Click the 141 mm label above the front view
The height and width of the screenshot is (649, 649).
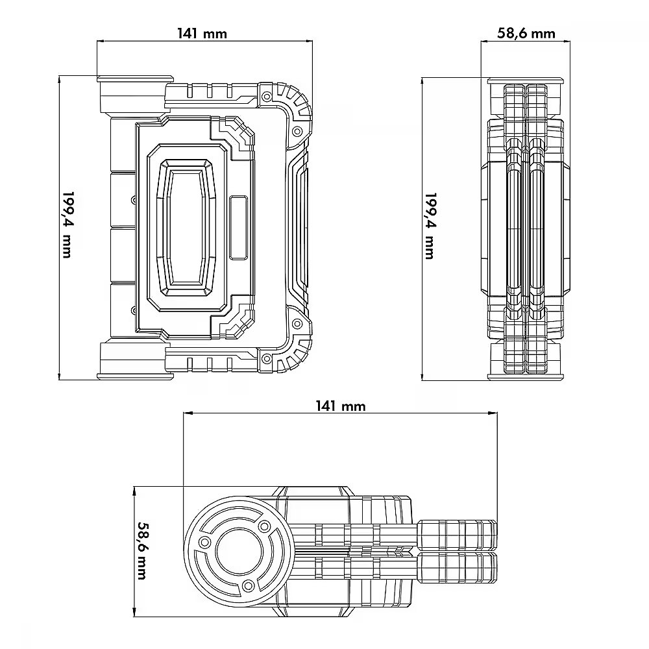tap(202, 33)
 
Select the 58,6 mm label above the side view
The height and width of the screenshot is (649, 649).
tap(526, 33)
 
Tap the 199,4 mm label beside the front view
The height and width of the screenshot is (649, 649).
tap(67, 225)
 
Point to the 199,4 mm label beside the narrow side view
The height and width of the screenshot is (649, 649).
tap(431, 226)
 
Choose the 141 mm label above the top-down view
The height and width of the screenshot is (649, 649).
tap(341, 406)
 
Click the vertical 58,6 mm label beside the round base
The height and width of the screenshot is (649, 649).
tap(143, 551)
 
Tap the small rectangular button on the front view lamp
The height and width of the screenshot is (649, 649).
tap(238, 228)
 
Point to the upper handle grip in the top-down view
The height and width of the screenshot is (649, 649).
tap(458, 534)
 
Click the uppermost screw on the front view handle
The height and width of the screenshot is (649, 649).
tap(267, 97)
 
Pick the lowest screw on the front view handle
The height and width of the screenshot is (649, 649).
tap(267, 358)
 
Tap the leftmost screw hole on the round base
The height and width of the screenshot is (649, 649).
tap(204, 542)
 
